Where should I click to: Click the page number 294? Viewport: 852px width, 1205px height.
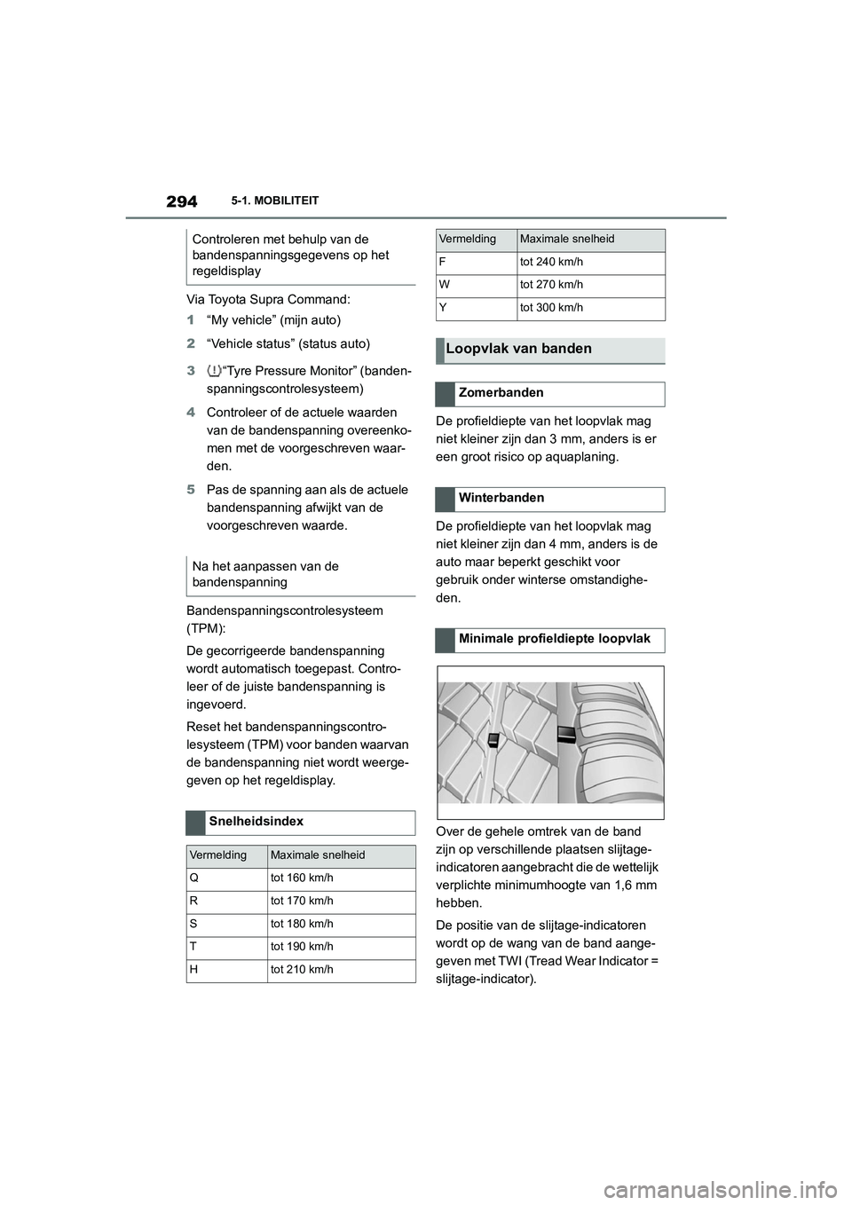click(181, 201)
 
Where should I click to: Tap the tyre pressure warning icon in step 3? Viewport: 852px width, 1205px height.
click(213, 371)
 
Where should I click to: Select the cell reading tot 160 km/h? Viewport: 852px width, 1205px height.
click(303, 878)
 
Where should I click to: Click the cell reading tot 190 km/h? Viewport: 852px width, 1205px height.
click(303, 947)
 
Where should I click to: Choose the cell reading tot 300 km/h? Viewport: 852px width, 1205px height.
click(552, 308)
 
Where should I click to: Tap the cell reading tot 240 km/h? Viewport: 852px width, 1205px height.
click(552, 262)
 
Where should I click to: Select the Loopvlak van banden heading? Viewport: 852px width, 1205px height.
click(519, 350)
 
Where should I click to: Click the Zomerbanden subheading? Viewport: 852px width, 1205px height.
click(501, 393)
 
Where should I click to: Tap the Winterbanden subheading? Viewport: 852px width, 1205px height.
click(501, 499)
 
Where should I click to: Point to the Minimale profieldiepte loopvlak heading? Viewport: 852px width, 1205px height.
click(555, 639)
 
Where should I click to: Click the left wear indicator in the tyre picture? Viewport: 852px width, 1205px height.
click(493, 740)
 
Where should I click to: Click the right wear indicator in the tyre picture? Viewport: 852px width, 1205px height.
click(566, 733)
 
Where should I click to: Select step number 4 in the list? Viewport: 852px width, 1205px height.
click(191, 413)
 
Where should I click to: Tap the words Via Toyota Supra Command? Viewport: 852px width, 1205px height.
click(268, 300)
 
